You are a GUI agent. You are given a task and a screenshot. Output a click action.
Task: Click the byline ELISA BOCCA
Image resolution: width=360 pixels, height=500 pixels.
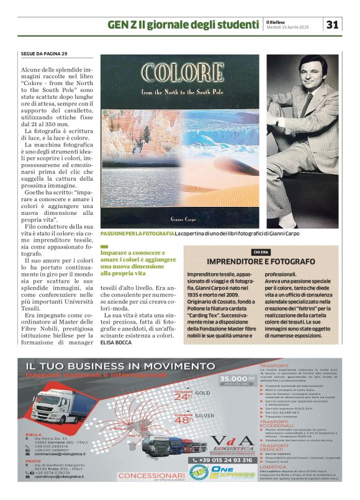[x=117, y=342]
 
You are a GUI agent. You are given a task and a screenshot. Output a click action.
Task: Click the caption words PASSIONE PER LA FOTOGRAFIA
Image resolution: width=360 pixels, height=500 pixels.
[x=137, y=233]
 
